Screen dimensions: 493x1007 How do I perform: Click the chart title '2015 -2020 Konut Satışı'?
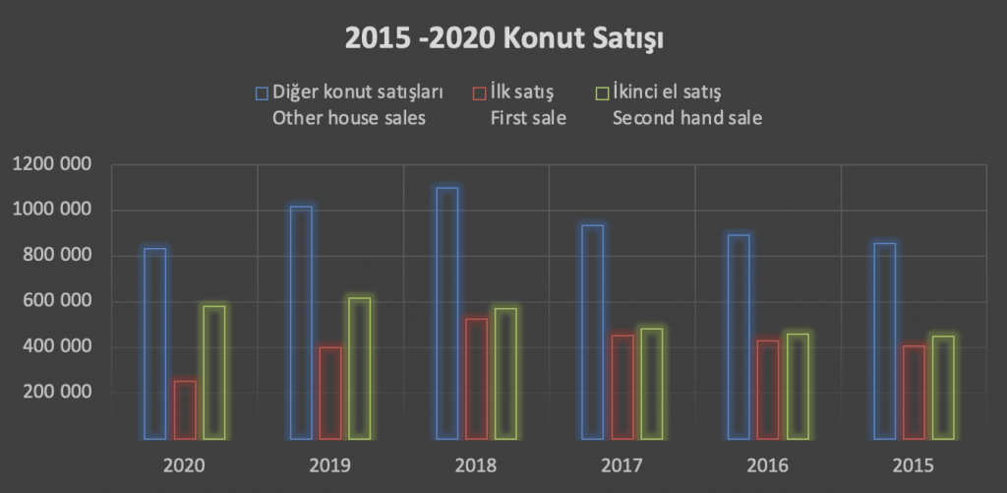[503, 39]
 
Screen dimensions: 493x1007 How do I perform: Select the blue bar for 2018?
[446, 313]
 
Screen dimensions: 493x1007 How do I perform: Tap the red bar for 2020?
[185, 409]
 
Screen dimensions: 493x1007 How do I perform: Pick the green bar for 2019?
[359, 368]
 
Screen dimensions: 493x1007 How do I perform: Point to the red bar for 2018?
[476, 379]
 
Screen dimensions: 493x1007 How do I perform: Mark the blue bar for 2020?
[154, 343]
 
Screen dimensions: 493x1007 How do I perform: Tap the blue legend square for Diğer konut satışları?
[262, 93]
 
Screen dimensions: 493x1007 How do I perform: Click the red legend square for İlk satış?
[479, 93]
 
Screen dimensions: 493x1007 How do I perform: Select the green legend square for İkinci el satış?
[604, 93]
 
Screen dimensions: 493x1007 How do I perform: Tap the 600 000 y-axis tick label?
[55, 301]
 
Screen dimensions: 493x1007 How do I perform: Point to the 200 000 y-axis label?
[55, 393]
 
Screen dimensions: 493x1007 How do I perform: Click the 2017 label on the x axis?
[621, 464]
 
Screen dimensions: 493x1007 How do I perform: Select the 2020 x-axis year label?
[183, 464]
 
